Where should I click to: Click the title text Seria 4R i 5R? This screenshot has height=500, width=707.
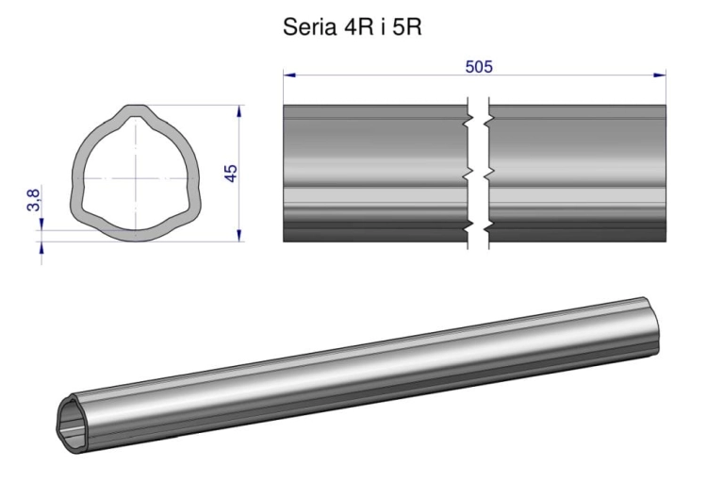353,27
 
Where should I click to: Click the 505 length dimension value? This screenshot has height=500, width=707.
479,67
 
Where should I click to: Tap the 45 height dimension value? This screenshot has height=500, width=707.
230,174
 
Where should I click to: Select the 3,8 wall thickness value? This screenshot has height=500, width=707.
33,200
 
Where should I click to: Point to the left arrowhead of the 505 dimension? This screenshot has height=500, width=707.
289,75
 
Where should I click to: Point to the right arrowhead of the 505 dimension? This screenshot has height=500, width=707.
660,75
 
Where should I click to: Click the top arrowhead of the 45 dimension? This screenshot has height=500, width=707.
239,111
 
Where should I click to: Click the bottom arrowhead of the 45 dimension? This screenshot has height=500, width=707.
239,235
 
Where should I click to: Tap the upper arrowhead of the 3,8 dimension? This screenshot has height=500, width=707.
41,225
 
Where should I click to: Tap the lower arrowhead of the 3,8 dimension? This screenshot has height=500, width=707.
41,247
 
